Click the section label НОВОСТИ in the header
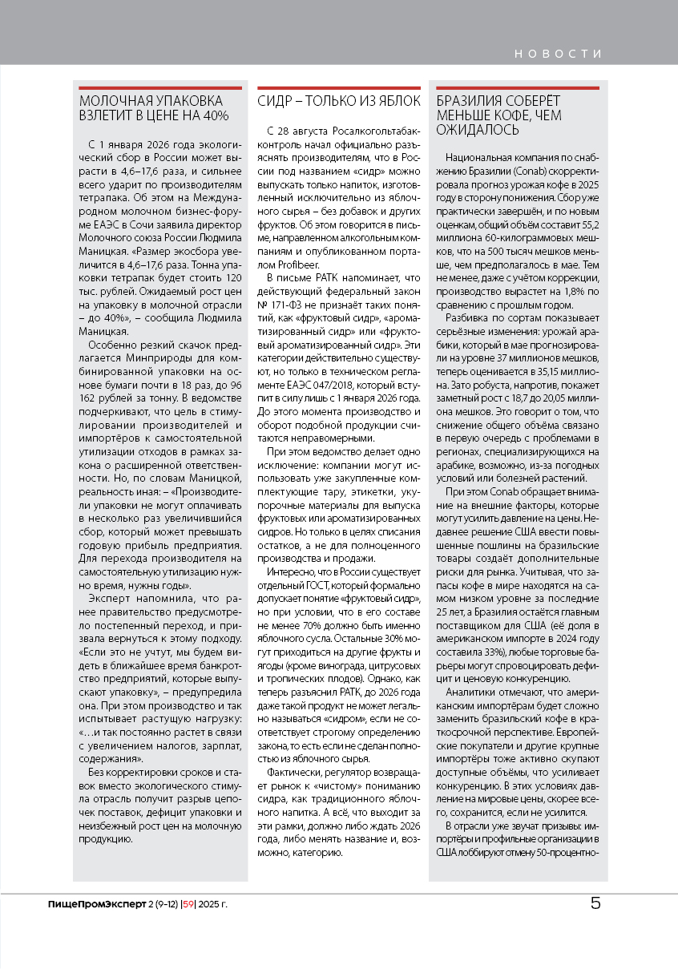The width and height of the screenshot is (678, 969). pos(558,54)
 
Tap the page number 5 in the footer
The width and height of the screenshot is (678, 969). pos(595,903)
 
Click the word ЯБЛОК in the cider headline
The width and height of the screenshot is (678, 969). pos(394,101)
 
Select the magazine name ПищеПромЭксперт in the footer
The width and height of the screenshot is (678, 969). pos(97,905)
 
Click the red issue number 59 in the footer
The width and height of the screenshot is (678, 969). pos(189,905)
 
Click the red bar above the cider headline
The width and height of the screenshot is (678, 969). pos(338,87)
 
